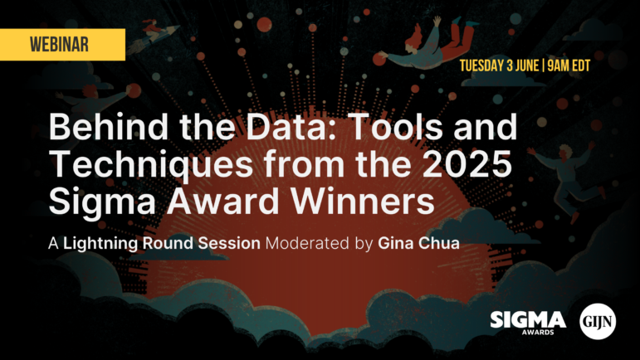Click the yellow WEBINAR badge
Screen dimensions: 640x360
62,45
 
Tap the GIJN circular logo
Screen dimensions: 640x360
598,321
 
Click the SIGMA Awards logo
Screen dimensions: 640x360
528,323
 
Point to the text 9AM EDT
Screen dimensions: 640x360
569,66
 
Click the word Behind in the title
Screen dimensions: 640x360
108,126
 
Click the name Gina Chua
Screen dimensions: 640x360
418,243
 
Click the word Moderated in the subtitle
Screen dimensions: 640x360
307,243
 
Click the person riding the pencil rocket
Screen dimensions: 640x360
154,33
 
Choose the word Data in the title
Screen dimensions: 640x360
291,126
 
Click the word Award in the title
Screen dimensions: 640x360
222,201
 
